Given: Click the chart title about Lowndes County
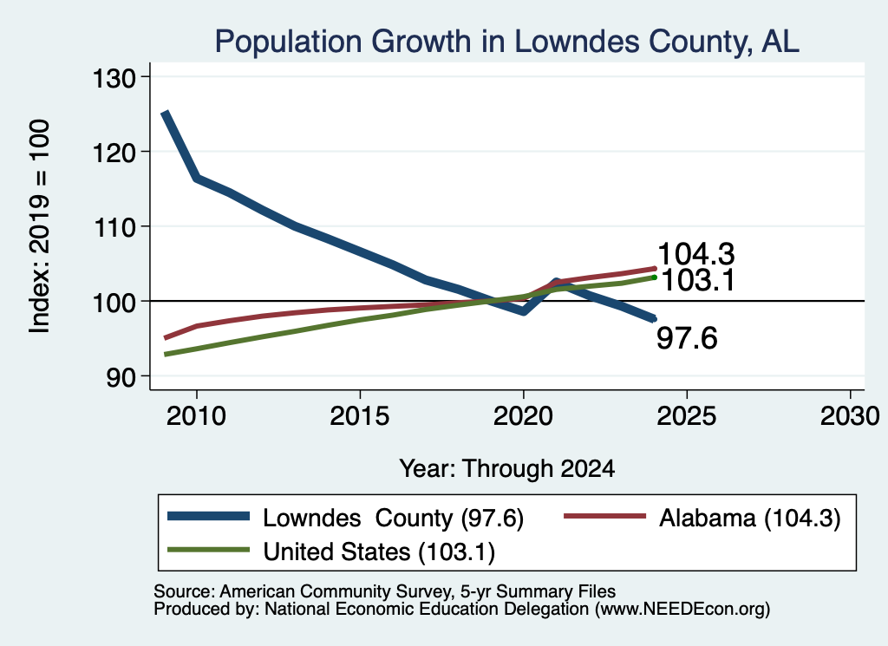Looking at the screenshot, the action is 506,42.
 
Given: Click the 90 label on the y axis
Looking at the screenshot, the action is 121,377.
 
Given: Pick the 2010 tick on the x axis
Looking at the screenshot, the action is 197,416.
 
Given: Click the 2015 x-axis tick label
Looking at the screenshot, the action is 360,416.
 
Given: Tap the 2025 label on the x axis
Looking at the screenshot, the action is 687,416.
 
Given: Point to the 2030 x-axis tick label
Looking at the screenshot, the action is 850,416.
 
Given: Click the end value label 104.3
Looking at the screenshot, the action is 696,254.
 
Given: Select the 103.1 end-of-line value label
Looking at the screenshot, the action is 698,280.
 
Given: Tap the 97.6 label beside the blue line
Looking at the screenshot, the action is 687,338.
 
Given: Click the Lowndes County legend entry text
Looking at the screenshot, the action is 393,518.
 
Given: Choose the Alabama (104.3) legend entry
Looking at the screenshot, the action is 750,518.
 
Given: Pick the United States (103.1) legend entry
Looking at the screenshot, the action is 379,552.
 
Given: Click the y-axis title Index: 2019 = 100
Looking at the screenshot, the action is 39,226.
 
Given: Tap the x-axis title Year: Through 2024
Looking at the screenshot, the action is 506,469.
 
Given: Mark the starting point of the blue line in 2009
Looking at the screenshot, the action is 165,114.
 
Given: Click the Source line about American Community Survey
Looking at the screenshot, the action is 384,591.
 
